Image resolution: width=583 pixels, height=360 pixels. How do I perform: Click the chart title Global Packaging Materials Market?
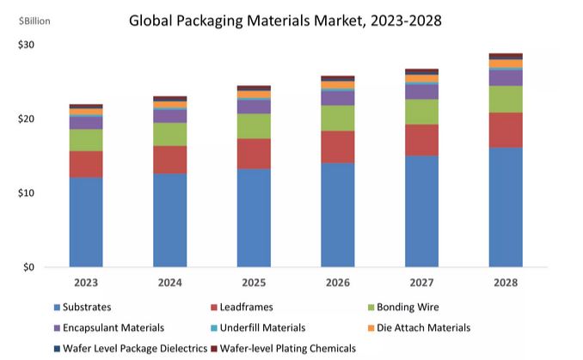click(285, 21)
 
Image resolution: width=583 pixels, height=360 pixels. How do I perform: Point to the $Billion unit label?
click(31, 21)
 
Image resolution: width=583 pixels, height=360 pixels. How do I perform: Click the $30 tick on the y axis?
click(26, 45)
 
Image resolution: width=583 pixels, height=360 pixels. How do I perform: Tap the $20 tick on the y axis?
click(26, 119)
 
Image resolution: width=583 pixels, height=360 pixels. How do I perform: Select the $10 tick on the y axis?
click(26, 192)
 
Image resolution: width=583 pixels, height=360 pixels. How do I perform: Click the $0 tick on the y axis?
click(28, 267)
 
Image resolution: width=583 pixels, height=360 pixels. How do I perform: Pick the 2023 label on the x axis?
click(85, 282)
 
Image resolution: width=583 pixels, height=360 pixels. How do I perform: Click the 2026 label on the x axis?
click(337, 282)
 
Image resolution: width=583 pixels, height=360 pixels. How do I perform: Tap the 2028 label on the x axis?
click(505, 282)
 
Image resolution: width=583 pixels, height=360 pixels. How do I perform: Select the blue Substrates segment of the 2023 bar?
click(85, 222)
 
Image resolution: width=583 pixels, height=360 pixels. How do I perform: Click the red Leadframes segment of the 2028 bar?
click(505, 130)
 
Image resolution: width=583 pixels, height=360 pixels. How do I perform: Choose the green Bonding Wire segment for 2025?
click(254, 126)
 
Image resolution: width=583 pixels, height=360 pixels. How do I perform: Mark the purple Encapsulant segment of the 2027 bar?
click(421, 91)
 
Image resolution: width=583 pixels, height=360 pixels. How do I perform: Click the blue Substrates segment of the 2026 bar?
click(337, 215)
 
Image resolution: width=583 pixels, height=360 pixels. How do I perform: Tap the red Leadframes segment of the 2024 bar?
click(169, 160)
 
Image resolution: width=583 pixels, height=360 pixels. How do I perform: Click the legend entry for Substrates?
click(86, 307)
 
